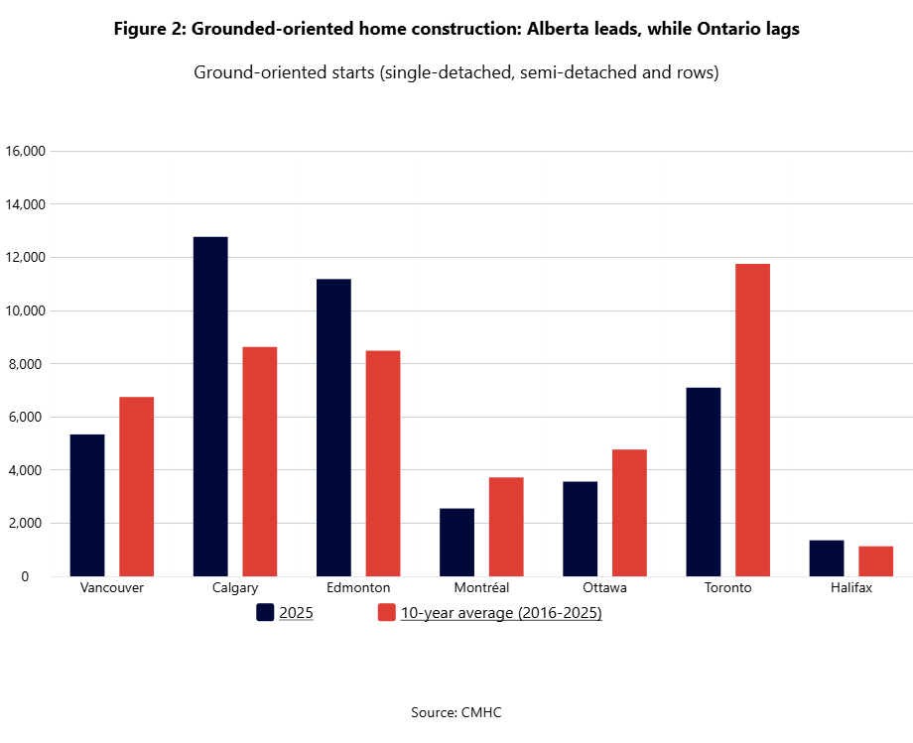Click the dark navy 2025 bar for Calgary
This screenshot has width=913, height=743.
point(210,407)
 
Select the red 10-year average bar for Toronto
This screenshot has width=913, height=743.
point(752,420)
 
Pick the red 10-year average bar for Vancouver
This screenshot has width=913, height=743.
point(136,486)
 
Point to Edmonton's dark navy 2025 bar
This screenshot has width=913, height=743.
point(333,428)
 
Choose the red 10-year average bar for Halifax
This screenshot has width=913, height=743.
point(875,561)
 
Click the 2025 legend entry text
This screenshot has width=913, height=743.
point(296,613)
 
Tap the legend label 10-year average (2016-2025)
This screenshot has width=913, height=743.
point(501,613)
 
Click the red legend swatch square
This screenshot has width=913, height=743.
point(387,612)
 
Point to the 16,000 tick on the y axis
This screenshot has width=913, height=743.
point(26,152)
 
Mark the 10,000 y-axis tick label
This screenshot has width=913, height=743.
point(26,310)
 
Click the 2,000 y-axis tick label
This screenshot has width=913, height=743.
point(29,523)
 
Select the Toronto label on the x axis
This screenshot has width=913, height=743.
point(727,588)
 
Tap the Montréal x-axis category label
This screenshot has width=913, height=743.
point(481,588)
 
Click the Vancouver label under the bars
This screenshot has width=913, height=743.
point(111,588)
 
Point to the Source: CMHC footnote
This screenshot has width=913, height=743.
point(456,712)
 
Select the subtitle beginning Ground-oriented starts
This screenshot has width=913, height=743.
point(456,73)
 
